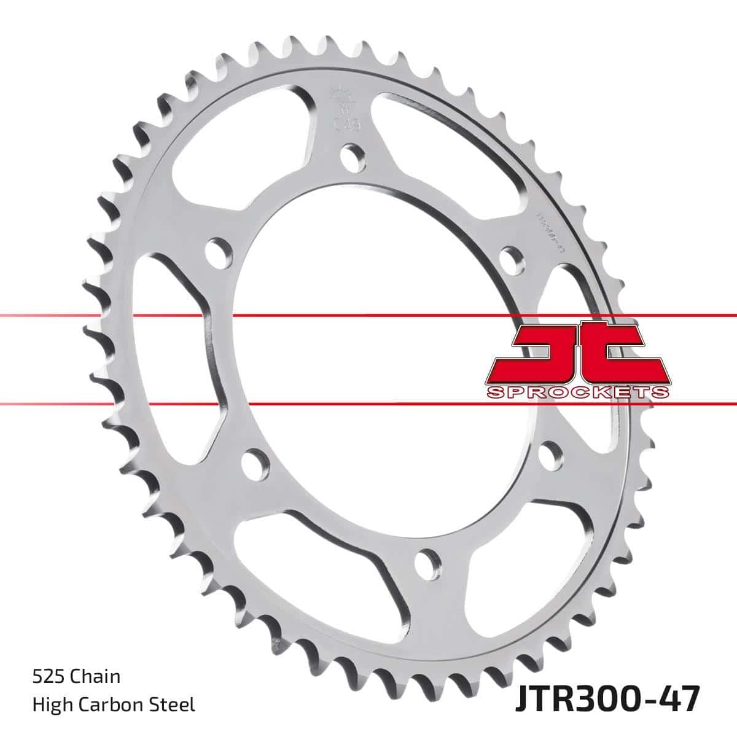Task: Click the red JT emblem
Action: coord(575,354)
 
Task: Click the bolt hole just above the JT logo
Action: coord(512,257)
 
